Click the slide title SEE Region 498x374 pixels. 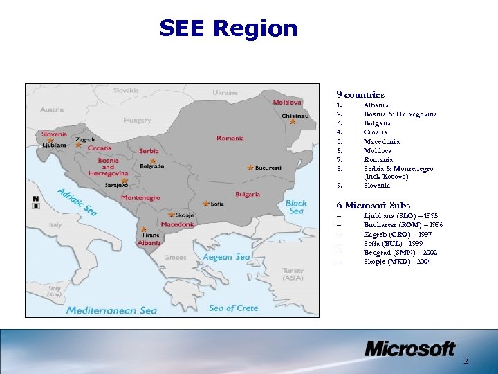(228, 28)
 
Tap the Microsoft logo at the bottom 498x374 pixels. (409, 348)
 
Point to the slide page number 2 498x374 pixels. (465, 362)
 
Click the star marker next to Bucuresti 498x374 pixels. (250, 168)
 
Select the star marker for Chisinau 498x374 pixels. (293, 122)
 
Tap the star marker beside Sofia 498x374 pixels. (206, 204)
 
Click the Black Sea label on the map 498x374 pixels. (296, 206)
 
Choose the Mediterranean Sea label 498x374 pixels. (111, 310)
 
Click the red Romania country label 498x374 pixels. (230, 138)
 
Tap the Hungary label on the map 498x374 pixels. (137, 120)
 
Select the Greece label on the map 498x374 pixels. (175, 258)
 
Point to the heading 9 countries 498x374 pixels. (360, 93)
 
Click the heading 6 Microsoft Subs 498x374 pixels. (373, 205)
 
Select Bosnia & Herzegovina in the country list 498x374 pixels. (400, 114)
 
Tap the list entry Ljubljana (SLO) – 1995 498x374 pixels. (400, 216)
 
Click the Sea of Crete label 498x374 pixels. (233, 308)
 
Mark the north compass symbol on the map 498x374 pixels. (35, 202)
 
